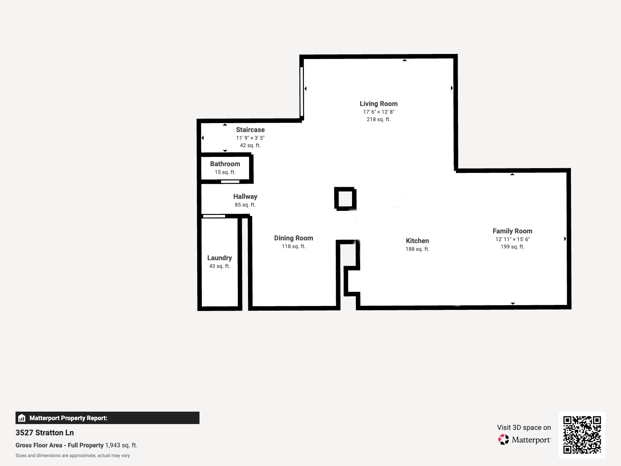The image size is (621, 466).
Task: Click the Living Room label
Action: [x=378, y=104]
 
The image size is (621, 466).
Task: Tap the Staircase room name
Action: [x=250, y=130]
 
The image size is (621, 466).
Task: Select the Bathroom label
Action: [x=225, y=164]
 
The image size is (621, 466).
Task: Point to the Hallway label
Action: [x=245, y=196]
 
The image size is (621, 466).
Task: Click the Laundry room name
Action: [x=220, y=258]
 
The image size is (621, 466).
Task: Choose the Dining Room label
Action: [x=293, y=238]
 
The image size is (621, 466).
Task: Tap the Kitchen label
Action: [x=417, y=241]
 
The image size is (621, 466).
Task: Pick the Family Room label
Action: [x=512, y=231]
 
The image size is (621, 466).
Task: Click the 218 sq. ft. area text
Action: [x=378, y=119]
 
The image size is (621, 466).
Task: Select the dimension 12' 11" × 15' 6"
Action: [x=512, y=239]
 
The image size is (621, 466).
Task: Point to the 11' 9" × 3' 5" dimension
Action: [x=250, y=138]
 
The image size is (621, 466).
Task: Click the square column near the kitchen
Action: [x=345, y=199]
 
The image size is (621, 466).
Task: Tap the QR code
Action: [x=582, y=435]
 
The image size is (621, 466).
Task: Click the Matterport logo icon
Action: [x=503, y=440]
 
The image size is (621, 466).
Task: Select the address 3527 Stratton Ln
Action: [x=45, y=433]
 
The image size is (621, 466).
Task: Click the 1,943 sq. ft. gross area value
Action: [x=121, y=445]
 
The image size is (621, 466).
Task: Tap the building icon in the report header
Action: [x=22, y=418]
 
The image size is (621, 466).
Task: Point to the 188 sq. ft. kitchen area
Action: [x=417, y=249]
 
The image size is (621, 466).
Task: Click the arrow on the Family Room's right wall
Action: [x=565, y=239]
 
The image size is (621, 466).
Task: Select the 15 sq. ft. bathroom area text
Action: [x=225, y=172]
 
